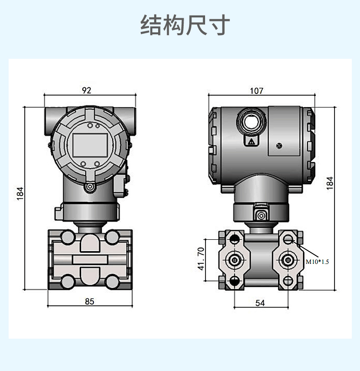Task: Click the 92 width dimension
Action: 87,90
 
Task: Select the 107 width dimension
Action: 257,91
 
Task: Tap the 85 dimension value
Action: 89,301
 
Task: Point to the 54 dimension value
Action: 260,303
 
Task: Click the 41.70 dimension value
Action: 201,259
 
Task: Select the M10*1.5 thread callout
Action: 317,262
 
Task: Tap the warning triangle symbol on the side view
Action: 251,142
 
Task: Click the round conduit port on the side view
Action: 249,121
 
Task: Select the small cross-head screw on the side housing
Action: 279,146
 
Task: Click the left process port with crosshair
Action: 234,260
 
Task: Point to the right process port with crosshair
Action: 288,260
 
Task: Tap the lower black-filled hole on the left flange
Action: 234,280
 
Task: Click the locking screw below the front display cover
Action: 89,186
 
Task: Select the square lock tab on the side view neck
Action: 261,214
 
